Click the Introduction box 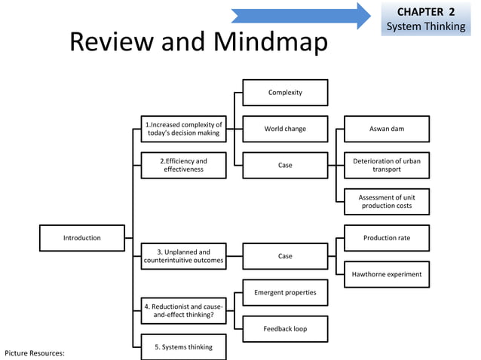point(81,238)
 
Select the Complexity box point(285,93)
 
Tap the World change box point(285,129)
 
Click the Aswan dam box point(387,129)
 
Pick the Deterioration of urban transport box point(387,165)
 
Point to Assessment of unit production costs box point(387,202)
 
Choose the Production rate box point(387,238)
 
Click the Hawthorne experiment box point(387,274)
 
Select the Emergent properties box point(285,292)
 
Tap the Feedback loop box point(285,329)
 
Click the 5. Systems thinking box point(183,347)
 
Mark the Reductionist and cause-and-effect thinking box point(183,311)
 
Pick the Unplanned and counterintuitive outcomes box point(183,256)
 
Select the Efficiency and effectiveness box point(183,165)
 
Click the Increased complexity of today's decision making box point(183,129)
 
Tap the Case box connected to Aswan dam point(285,165)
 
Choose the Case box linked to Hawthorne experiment point(285,256)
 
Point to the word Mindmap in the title point(271,42)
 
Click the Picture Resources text point(35,352)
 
